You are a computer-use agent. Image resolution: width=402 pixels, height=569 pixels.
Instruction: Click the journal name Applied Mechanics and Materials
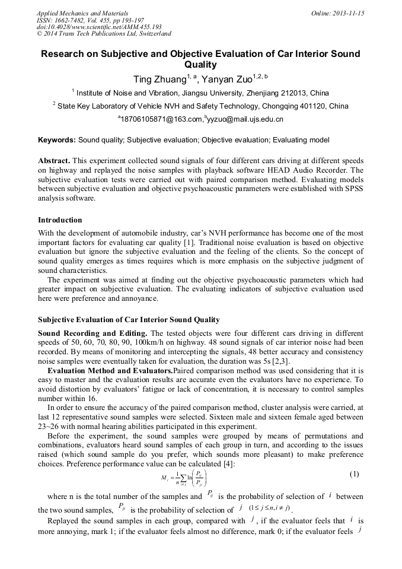tap(82, 13)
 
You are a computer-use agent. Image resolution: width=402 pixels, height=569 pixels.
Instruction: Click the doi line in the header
tap(99, 27)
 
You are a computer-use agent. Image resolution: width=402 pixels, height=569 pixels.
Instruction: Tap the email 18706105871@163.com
tap(162, 119)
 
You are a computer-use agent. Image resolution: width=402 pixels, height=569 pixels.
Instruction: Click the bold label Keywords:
tap(57, 140)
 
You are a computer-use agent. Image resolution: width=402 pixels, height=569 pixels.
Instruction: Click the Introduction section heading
tap(60, 220)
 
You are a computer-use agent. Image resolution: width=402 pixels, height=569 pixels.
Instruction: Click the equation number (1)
tap(355, 474)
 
